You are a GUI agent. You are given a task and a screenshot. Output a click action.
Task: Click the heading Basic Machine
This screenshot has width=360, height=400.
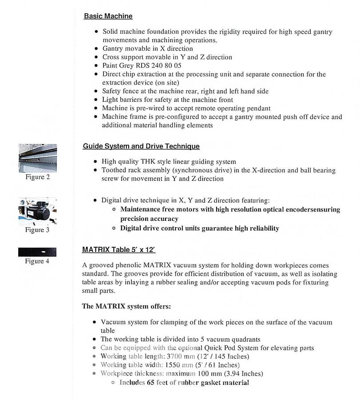click(x=108, y=16)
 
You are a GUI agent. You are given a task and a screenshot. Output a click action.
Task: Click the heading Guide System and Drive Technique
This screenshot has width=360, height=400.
click(x=141, y=146)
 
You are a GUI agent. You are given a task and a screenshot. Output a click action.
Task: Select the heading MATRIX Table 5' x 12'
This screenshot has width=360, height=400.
click(x=119, y=250)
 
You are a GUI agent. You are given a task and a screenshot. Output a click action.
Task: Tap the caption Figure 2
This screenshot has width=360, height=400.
click(x=37, y=177)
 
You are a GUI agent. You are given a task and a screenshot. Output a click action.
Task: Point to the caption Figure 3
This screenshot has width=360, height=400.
click(x=37, y=230)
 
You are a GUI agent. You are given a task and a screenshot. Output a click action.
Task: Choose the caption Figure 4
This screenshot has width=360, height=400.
click(x=37, y=261)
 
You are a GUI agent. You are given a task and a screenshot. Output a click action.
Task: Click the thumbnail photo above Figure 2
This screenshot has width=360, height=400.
click(x=37, y=158)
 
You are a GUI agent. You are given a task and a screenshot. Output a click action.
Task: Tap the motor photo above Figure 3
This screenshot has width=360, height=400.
click(x=37, y=212)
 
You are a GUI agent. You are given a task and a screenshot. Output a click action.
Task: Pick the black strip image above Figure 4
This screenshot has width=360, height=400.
click(x=37, y=252)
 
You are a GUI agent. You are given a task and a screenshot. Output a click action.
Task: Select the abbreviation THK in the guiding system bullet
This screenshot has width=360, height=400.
click(x=153, y=162)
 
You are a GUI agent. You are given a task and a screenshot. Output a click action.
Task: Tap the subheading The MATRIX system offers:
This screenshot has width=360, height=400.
click(x=127, y=306)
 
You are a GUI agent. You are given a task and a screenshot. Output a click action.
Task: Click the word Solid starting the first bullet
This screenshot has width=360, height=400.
click(x=111, y=32)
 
